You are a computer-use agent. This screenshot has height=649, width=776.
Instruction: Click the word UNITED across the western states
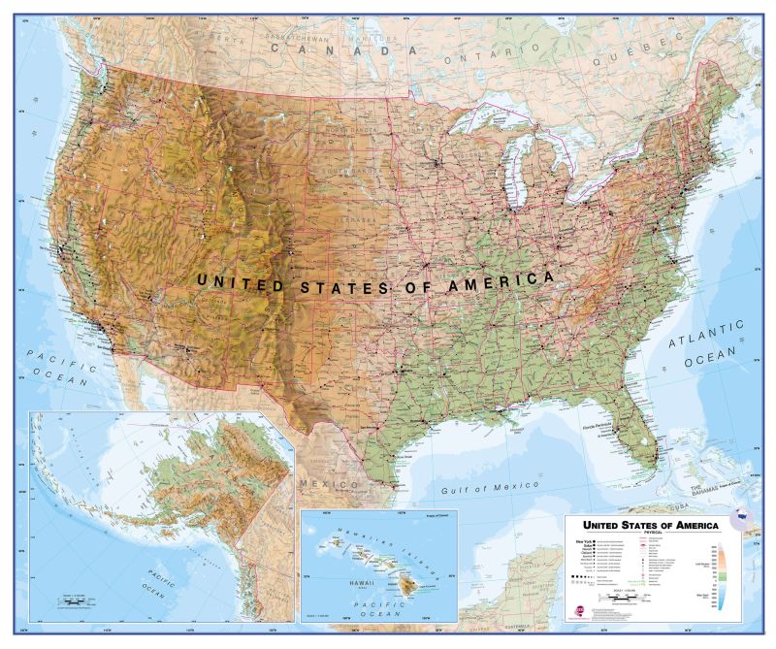click(241, 281)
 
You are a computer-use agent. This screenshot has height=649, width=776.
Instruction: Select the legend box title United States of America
click(643, 525)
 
